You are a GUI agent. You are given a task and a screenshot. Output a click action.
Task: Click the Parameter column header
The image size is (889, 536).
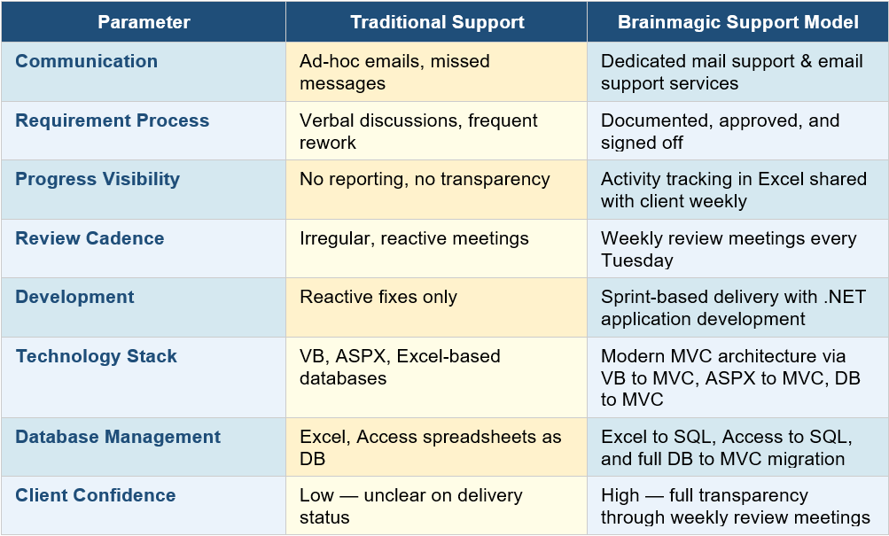pos(144,22)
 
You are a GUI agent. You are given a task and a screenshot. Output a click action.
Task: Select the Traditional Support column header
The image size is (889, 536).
pos(437,22)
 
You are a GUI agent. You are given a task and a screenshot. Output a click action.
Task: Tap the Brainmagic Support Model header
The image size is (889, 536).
pos(737,22)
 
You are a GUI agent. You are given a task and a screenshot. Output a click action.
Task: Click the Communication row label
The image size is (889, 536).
pos(86,61)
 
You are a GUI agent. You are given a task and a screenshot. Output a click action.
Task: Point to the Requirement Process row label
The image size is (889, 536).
pos(112,120)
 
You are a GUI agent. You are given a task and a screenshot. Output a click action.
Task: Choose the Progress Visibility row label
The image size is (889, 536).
pos(97,179)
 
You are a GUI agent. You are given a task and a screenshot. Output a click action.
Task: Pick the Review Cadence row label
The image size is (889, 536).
pos(90,238)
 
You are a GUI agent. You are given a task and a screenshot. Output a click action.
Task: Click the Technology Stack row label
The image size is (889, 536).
pos(96,356)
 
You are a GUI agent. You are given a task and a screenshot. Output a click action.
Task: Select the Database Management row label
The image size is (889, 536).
pos(118,437)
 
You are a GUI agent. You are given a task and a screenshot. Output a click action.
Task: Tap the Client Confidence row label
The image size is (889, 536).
pos(95,495)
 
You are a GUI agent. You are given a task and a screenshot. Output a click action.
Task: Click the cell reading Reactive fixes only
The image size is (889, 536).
pos(378,298)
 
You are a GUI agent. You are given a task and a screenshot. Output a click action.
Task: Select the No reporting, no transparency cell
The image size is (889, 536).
pos(425,179)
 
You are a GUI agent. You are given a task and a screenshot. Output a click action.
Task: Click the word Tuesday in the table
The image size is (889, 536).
pos(636,260)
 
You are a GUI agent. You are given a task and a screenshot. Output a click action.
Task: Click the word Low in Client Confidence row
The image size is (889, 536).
pos(317,495)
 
